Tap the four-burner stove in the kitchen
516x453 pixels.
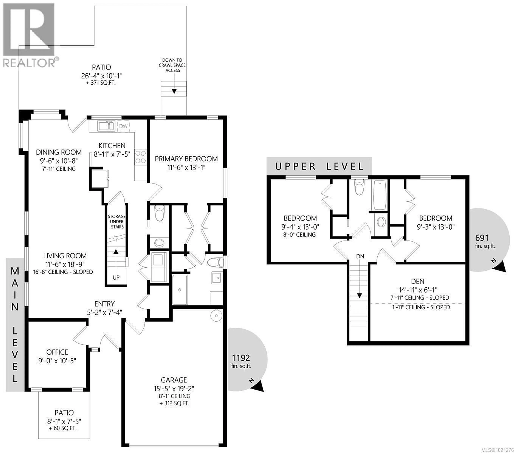pos(140,157)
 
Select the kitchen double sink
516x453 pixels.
pos(106,126)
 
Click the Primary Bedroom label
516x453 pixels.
pos(186,159)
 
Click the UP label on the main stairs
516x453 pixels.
pos(116,277)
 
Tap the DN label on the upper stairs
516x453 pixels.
pos(360,256)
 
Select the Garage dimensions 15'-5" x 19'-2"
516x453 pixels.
pos(174,388)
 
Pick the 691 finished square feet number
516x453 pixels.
pos(482,238)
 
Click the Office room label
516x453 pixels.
pos(57,352)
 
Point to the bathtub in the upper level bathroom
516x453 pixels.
pos(380,195)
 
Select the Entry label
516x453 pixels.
pos(105,304)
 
